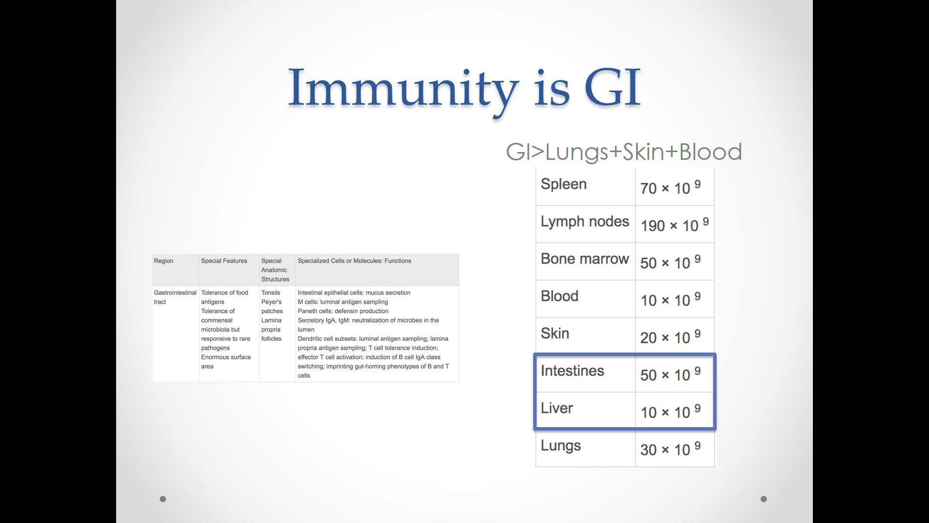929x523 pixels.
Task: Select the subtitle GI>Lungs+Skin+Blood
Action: [x=624, y=152]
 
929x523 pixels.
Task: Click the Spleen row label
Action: [x=564, y=185]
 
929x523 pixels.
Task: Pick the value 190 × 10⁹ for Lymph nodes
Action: [x=674, y=224]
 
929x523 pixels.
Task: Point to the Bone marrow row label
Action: [x=585, y=259]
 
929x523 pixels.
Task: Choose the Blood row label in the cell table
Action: [x=559, y=296]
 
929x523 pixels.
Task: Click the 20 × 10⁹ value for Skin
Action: [x=670, y=336]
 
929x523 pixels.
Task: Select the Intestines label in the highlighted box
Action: [x=572, y=370]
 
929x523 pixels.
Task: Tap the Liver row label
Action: [x=557, y=408]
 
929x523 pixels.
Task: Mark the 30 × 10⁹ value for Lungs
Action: [x=670, y=448]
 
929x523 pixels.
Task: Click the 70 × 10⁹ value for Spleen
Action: [x=670, y=187]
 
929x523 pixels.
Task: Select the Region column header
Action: [x=164, y=261]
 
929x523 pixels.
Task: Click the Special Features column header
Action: [x=224, y=261]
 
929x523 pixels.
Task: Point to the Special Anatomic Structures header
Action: [x=275, y=270]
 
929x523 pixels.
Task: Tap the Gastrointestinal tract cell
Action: [x=175, y=297]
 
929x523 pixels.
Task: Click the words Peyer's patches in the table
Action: [x=272, y=306]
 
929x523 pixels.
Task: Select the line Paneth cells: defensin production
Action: [x=343, y=311]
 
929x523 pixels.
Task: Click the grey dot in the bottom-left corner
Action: [x=163, y=499]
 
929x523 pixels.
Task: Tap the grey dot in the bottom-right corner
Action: [x=764, y=499]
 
